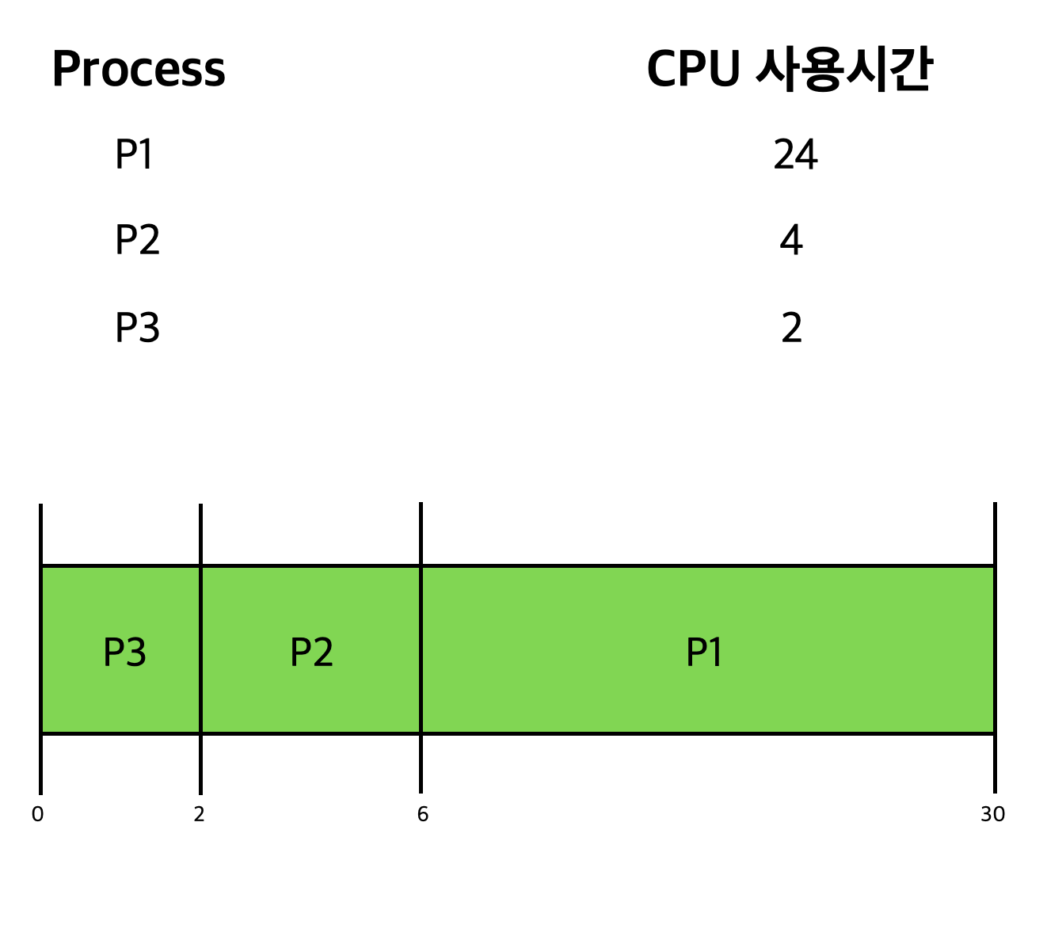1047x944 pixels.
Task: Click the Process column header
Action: [139, 70]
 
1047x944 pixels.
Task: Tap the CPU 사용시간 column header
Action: [789, 70]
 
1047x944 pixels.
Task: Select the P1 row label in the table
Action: [134, 154]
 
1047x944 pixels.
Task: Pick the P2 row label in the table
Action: [137, 240]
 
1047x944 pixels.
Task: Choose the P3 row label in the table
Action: [137, 327]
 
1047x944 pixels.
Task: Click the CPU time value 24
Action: [795, 154]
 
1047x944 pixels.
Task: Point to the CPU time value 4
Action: [791, 240]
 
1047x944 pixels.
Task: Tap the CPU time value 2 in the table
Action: [791, 327]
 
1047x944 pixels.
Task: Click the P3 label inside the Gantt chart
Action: [124, 653]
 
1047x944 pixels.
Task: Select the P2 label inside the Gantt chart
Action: [311, 653]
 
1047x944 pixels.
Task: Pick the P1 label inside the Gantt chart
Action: [704, 653]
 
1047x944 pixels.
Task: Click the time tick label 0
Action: [37, 814]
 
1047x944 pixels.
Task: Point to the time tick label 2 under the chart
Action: [199, 814]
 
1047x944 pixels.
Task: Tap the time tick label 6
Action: [422, 814]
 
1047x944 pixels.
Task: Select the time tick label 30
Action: [992, 814]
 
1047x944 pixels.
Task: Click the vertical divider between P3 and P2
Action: [200, 649]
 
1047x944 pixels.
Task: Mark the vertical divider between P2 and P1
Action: [421, 649]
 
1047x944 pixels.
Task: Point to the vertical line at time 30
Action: [995, 649]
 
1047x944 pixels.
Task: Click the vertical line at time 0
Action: [40, 649]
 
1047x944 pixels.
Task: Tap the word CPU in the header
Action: [693, 70]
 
